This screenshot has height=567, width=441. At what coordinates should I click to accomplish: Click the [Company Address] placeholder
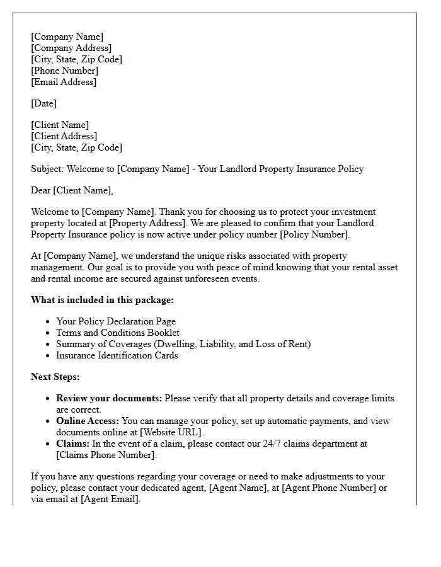click(x=71, y=48)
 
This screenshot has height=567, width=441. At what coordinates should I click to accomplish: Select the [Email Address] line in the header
click(x=64, y=82)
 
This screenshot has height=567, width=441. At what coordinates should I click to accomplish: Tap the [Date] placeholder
click(x=43, y=103)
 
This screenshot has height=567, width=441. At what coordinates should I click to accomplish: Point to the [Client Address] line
click(x=64, y=136)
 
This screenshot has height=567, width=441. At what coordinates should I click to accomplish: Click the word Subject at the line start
click(x=47, y=169)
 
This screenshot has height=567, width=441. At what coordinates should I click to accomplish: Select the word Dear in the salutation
click(x=41, y=190)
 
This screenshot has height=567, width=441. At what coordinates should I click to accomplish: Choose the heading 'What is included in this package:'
click(x=102, y=300)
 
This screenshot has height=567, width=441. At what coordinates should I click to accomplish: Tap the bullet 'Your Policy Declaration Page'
click(x=116, y=321)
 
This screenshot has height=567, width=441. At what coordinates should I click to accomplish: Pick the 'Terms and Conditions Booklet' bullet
click(x=118, y=333)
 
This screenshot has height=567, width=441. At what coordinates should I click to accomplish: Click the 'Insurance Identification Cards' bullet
click(x=117, y=355)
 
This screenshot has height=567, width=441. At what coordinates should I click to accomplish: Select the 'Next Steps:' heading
click(x=55, y=377)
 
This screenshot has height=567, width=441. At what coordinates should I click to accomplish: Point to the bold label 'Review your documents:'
click(x=109, y=398)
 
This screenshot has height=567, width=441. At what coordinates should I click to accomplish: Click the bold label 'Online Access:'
click(x=88, y=421)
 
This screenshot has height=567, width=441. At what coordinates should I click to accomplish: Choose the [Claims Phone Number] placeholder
click(x=105, y=455)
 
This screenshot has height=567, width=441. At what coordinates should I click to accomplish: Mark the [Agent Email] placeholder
click(x=110, y=499)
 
